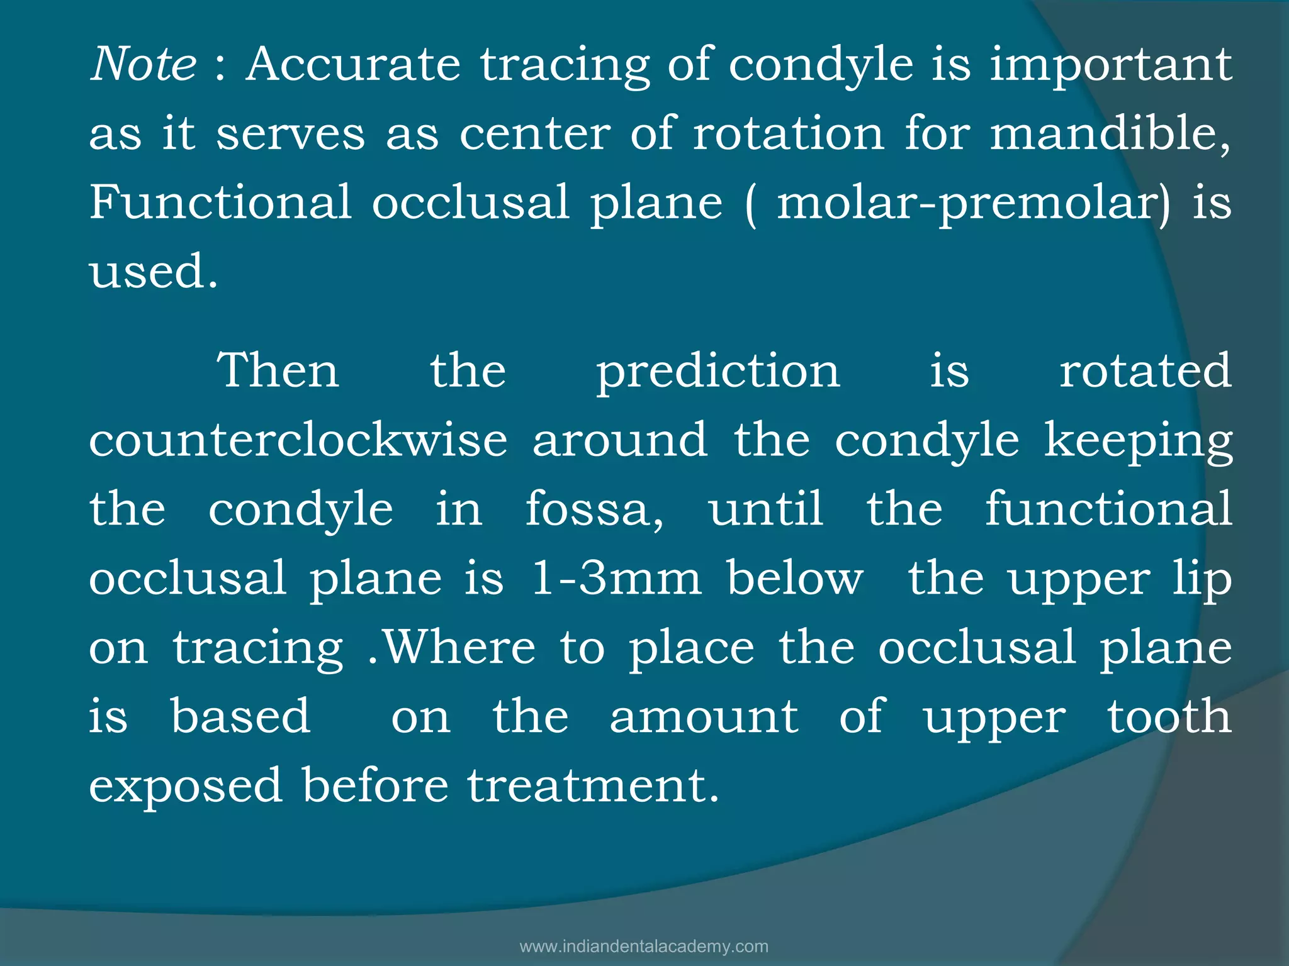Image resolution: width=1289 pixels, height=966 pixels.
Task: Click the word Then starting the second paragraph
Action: (x=278, y=370)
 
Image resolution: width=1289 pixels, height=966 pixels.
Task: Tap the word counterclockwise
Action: (x=298, y=440)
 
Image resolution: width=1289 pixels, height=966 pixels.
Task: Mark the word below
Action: (x=796, y=578)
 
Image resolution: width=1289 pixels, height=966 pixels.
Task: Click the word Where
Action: (x=459, y=647)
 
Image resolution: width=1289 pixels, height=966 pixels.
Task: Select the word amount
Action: (x=704, y=716)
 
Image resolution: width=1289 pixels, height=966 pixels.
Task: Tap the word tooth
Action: (x=1169, y=716)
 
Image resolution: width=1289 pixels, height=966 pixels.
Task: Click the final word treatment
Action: (x=592, y=786)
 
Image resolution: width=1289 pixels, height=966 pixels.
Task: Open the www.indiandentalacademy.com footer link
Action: (x=644, y=947)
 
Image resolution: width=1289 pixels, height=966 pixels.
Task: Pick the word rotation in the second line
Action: (x=789, y=134)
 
